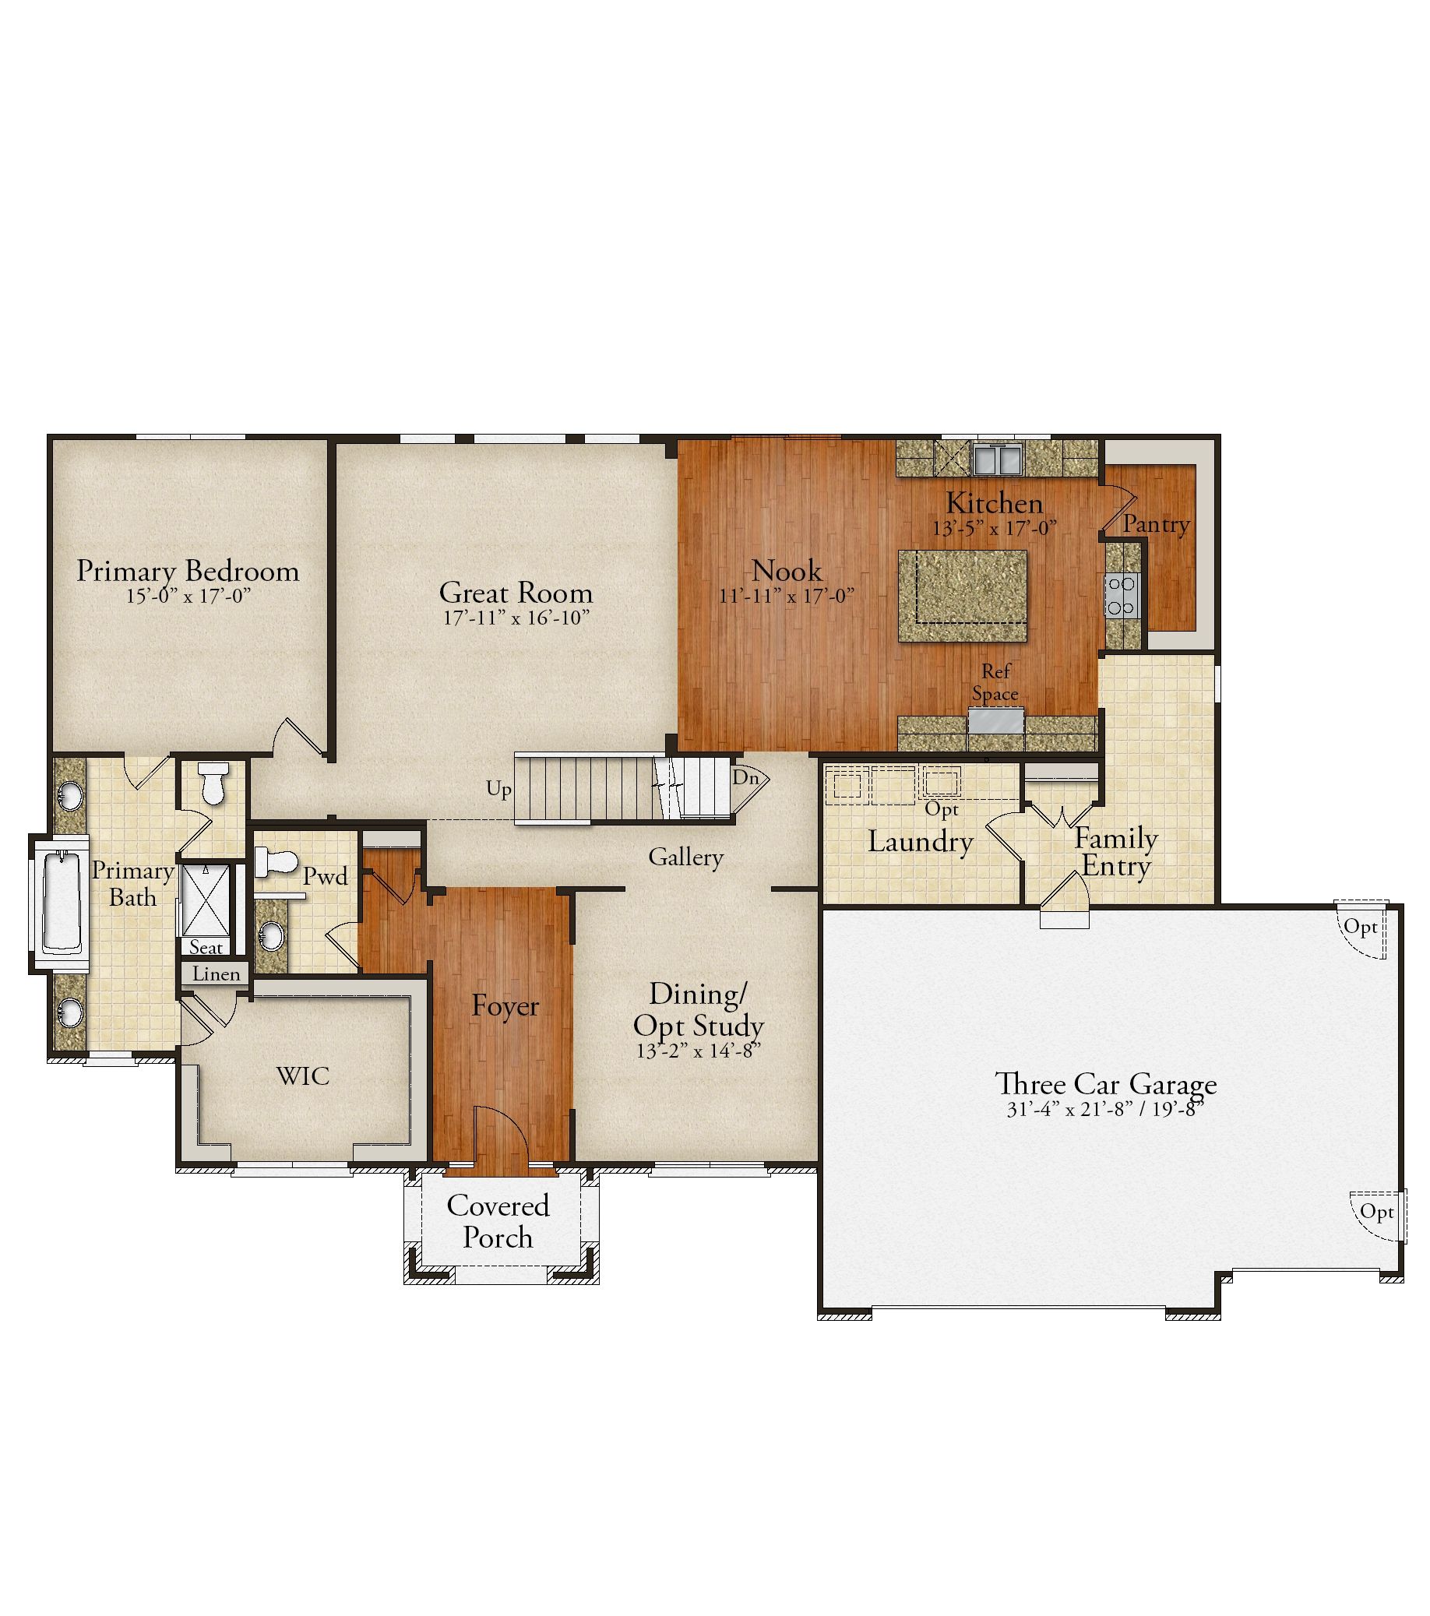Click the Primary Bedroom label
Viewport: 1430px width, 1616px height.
tap(188, 571)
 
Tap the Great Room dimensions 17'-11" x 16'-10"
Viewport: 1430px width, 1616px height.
tap(516, 618)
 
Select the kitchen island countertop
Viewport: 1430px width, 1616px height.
tap(963, 596)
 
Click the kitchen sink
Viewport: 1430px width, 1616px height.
tap(998, 458)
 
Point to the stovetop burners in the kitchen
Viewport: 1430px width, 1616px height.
tap(1122, 596)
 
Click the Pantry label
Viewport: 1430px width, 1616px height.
tap(1157, 523)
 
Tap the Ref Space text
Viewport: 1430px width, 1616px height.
tap(995, 682)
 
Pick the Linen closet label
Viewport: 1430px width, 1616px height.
tap(216, 973)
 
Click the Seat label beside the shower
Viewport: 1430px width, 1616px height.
tap(206, 947)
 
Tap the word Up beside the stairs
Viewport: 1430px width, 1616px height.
tap(498, 789)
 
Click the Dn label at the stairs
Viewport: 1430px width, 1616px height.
tap(745, 777)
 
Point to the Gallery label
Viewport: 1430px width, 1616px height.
tap(685, 857)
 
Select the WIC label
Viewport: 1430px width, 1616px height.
tap(303, 1076)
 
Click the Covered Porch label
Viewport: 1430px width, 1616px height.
tap(498, 1221)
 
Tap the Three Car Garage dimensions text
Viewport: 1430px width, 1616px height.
tap(1105, 1109)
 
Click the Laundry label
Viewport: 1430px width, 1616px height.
tap(920, 841)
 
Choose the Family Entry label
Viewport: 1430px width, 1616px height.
tap(1116, 851)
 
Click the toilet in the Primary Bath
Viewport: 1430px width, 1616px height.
tap(213, 782)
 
